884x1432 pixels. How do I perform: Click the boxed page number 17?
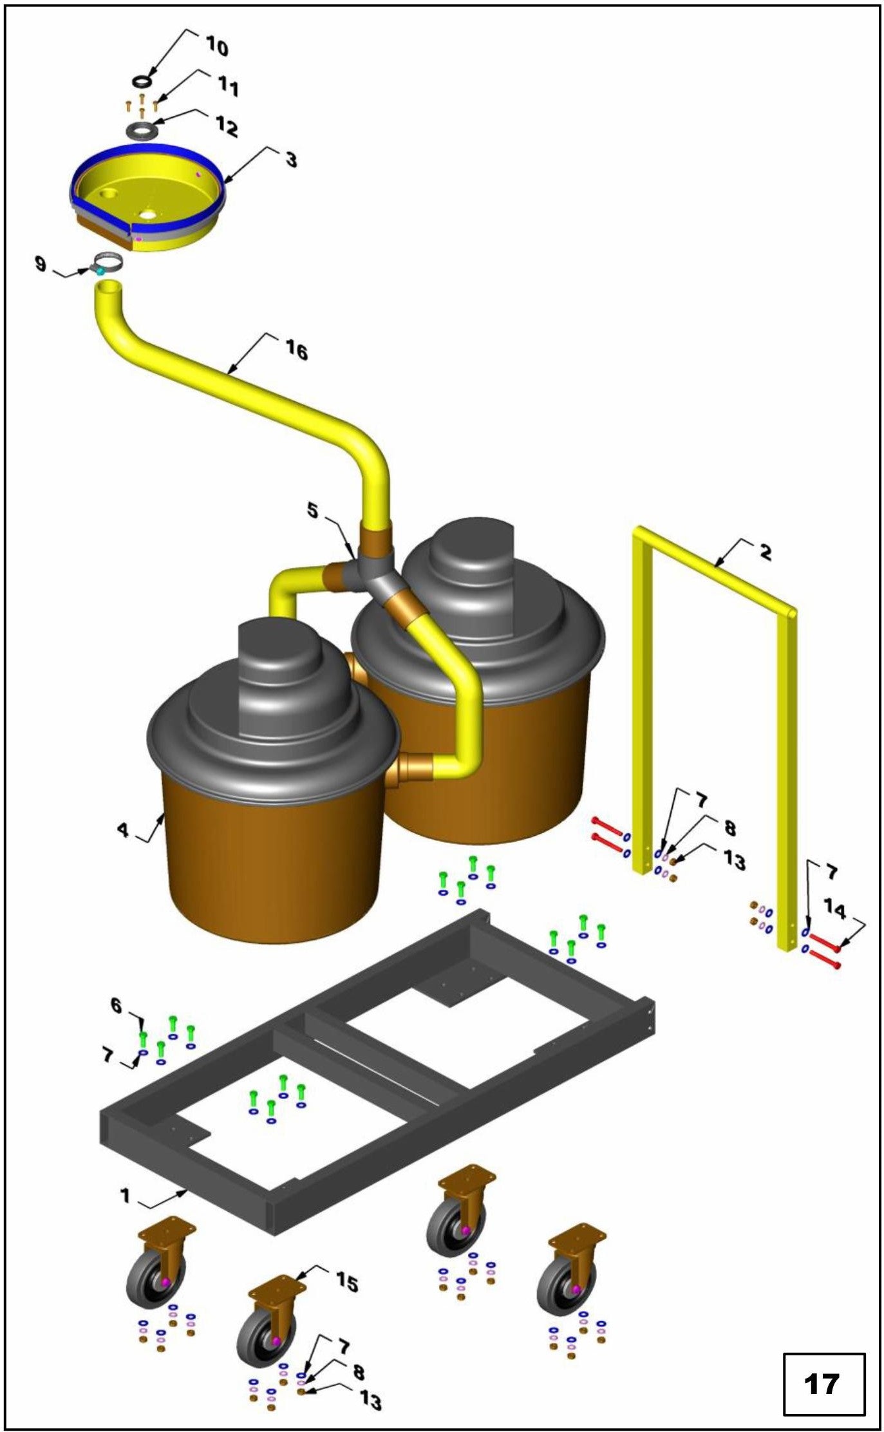(x=822, y=1384)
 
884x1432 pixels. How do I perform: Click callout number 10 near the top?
(x=217, y=46)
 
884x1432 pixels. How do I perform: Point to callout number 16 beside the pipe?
(x=296, y=350)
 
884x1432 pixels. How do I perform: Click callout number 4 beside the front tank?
(x=123, y=829)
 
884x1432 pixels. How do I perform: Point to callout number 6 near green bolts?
(x=116, y=1005)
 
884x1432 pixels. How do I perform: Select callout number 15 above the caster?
(x=346, y=1283)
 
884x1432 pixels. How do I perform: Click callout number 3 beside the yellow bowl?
(x=291, y=158)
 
